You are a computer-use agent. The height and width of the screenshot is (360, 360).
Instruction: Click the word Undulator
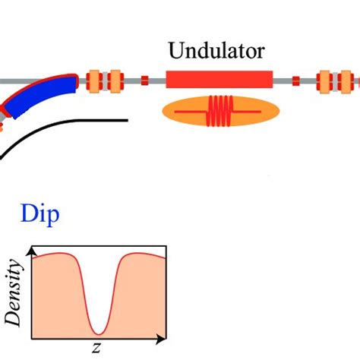point(217,52)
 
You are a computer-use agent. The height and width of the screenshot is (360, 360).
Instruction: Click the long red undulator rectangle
point(219,79)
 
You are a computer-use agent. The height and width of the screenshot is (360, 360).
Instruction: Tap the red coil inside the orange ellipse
point(221,111)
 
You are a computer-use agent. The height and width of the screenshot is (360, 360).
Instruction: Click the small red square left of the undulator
point(144,79)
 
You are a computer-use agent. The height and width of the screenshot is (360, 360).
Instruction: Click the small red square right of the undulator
point(295,79)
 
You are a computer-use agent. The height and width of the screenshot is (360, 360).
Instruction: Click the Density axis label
point(14,291)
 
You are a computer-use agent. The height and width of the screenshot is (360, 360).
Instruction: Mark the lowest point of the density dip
point(98,333)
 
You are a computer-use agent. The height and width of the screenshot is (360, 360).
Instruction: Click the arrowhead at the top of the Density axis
point(31,249)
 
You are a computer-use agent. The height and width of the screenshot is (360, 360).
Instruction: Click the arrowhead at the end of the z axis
point(162,337)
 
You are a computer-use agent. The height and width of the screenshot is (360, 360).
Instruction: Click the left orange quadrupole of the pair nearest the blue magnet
point(95,79)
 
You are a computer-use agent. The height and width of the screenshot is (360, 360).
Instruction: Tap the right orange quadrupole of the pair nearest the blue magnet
point(115,79)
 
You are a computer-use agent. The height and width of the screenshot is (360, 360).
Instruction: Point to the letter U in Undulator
point(175,52)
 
